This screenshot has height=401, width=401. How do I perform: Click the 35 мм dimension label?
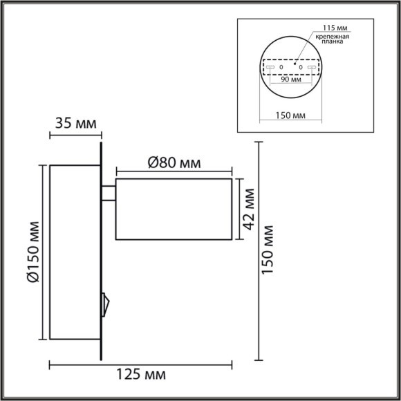(75, 124)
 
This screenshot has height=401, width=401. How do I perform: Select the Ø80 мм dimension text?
(174, 163)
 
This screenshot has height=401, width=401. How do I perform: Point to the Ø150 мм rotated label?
(32, 253)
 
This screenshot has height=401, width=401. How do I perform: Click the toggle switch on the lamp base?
(105, 301)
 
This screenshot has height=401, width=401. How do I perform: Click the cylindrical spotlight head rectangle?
(174, 209)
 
